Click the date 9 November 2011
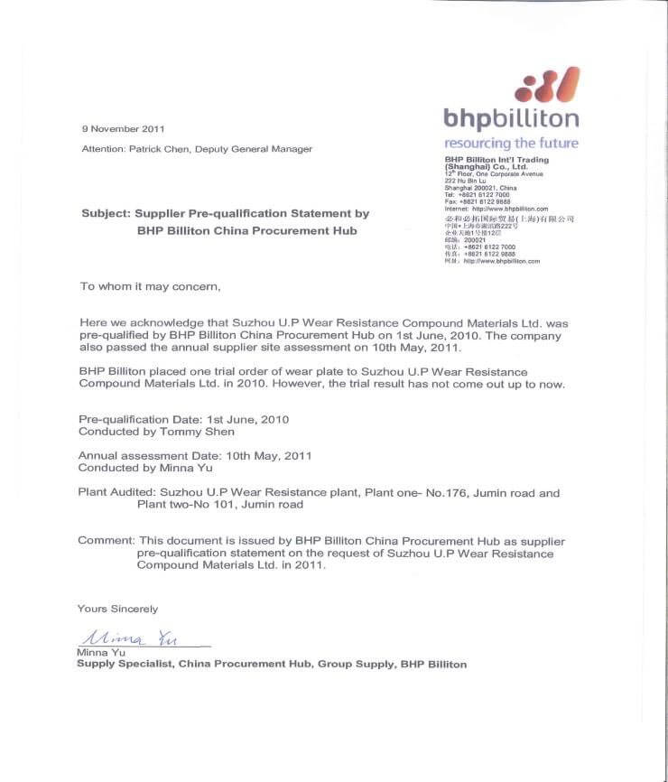(x=123, y=128)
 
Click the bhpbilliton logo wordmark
(x=511, y=118)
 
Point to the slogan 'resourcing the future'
(x=511, y=143)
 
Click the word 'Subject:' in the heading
(x=106, y=214)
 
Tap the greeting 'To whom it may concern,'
(x=150, y=286)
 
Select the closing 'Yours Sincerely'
(x=117, y=609)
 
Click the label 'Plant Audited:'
(x=116, y=493)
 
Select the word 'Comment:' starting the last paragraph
(x=106, y=541)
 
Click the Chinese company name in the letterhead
(x=509, y=219)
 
